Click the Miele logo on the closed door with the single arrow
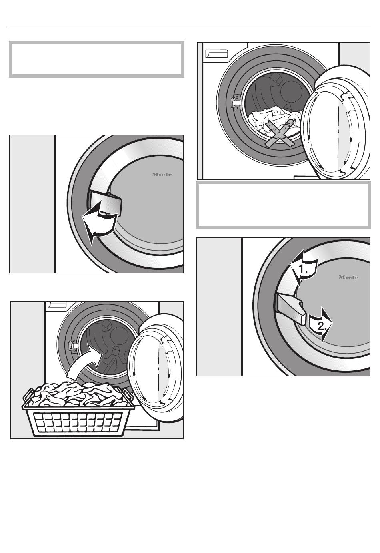pos(162,175)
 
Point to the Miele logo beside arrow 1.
pos(348,277)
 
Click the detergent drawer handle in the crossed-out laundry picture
pos(216,54)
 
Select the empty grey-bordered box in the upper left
pos(96,59)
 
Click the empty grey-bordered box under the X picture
pos(283,205)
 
